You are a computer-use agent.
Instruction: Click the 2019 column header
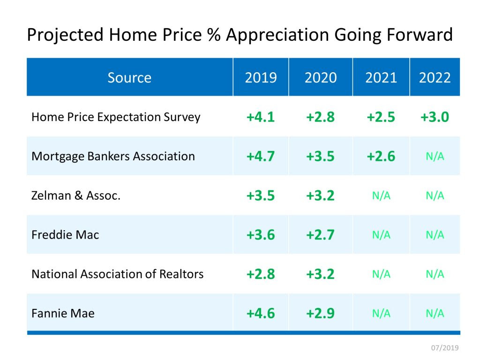(261, 77)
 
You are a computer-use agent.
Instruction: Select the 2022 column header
(435, 77)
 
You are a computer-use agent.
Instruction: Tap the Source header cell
(129, 77)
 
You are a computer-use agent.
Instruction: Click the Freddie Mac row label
(65, 234)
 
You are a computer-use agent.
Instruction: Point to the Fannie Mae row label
(63, 313)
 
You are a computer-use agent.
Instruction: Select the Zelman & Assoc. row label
(76, 195)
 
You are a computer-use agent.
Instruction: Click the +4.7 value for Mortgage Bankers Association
(261, 157)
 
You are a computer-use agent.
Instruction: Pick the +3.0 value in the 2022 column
(435, 117)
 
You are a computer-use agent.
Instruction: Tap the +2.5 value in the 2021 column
(381, 117)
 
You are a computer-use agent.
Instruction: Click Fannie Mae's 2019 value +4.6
(261, 314)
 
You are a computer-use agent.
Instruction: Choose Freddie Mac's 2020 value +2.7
(320, 235)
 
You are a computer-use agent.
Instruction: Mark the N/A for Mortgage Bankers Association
(435, 157)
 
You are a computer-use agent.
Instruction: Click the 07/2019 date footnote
(445, 348)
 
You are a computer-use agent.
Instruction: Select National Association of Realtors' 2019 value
(261, 274)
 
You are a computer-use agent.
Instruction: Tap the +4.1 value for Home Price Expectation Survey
(261, 117)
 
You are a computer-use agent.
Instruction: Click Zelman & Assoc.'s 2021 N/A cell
(381, 195)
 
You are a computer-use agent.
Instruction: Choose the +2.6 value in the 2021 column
(381, 157)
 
